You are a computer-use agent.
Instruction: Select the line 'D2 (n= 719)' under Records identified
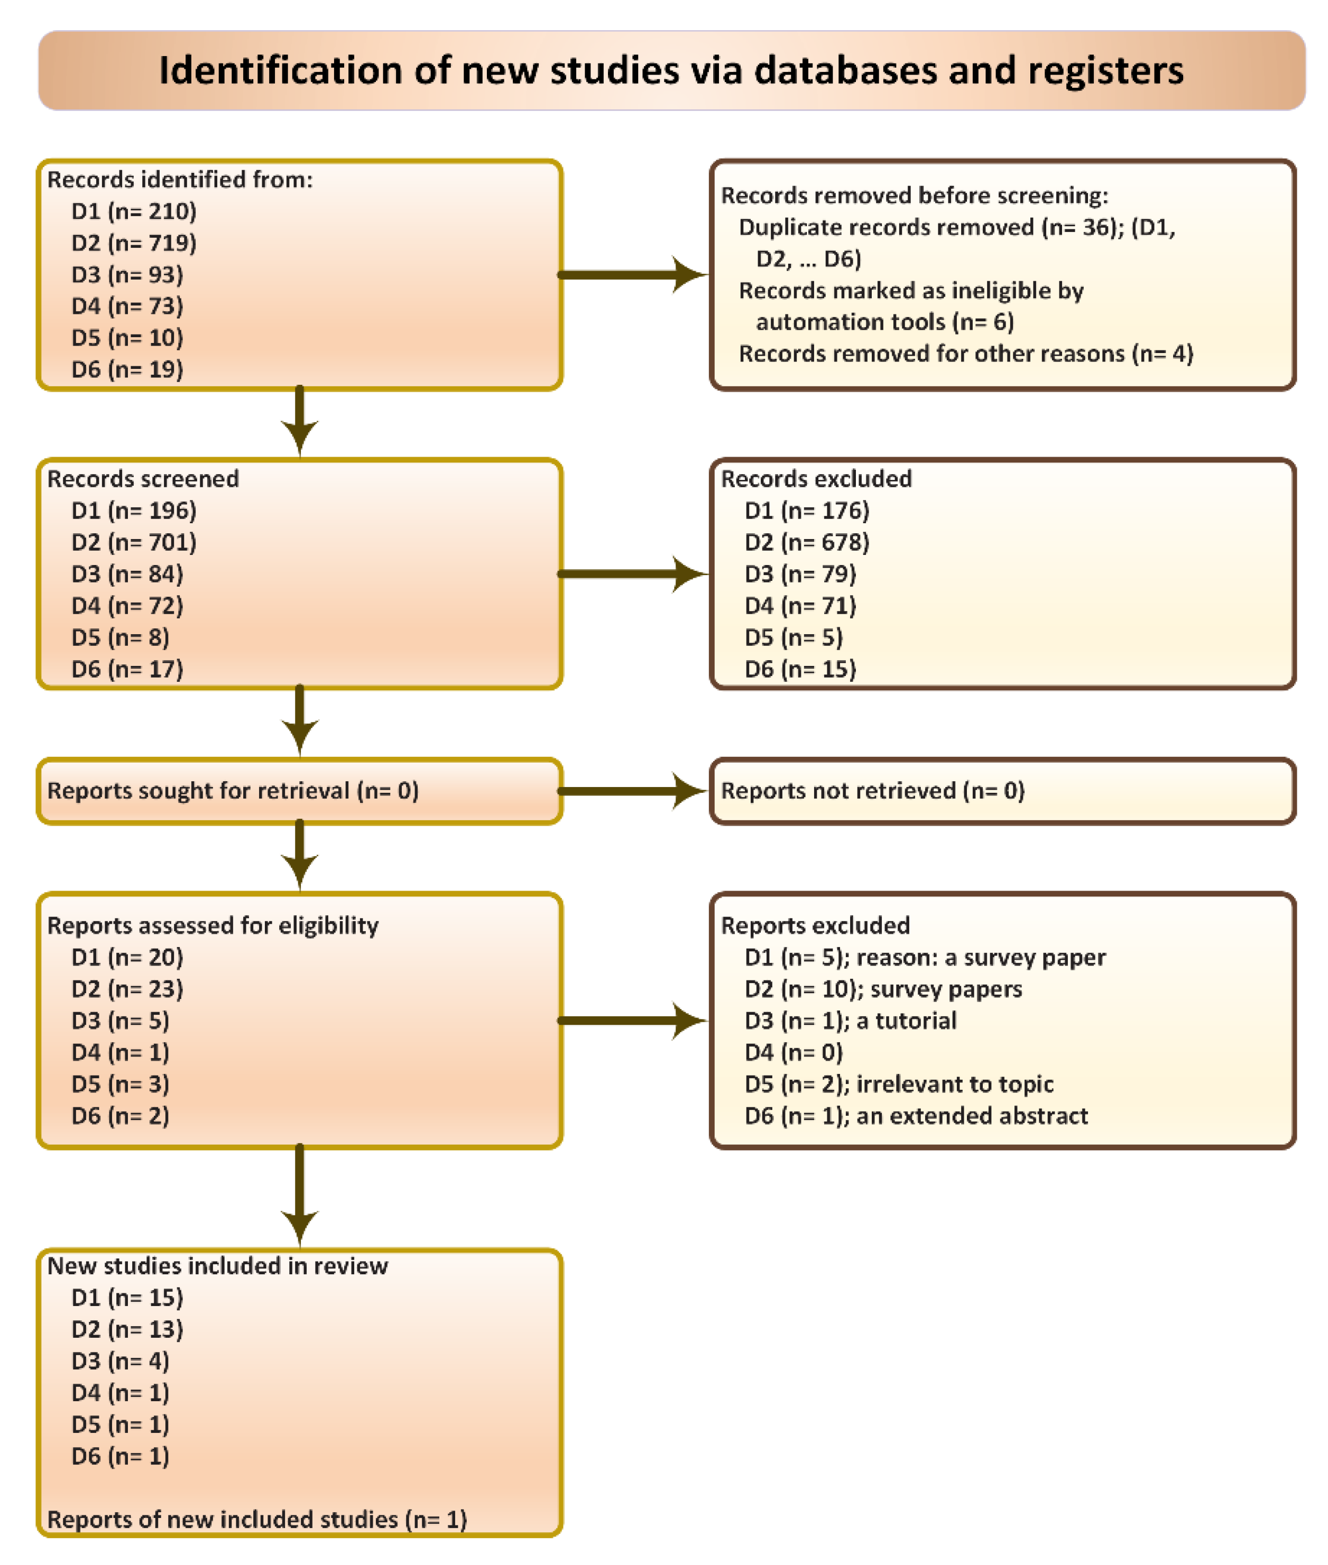pyautogui.click(x=133, y=243)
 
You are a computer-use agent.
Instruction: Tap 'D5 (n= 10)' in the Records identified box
pyautogui.click(x=126, y=338)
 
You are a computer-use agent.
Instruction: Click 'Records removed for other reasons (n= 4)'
pyautogui.click(x=965, y=354)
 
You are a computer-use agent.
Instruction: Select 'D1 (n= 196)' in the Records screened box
pyautogui.click(x=133, y=511)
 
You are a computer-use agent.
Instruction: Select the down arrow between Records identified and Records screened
pyautogui.click(x=300, y=422)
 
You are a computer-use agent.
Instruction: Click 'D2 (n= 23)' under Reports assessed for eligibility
pyautogui.click(x=126, y=989)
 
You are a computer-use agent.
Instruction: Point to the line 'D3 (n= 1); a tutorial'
pyautogui.click(x=850, y=1021)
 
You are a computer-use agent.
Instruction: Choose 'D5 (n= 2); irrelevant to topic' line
pyautogui.click(x=898, y=1084)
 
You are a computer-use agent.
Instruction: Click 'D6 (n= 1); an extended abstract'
pyautogui.click(x=916, y=1116)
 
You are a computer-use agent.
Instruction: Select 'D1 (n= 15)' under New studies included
pyautogui.click(x=126, y=1298)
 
